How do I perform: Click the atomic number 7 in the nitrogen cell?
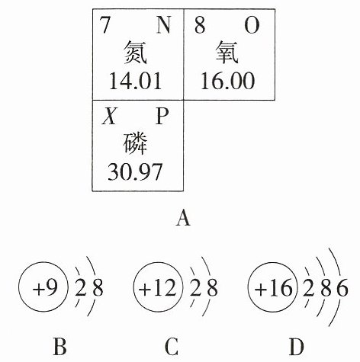click(x=105, y=25)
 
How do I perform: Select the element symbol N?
click(x=163, y=25)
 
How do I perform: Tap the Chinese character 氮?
click(x=136, y=53)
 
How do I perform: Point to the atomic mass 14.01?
click(x=135, y=81)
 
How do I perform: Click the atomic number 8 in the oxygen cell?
click(x=200, y=25)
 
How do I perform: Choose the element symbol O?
click(x=252, y=25)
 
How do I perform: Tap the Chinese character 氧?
click(x=227, y=53)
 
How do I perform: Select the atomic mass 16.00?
click(x=227, y=81)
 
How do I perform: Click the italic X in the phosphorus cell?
click(x=109, y=116)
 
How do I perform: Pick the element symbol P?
click(x=162, y=116)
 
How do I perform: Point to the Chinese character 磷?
click(x=136, y=143)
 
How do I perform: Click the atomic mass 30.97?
click(x=135, y=171)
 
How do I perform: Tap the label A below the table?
click(x=183, y=219)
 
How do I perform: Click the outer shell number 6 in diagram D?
click(x=342, y=288)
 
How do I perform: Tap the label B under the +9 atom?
click(x=59, y=347)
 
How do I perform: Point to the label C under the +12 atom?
click(x=172, y=347)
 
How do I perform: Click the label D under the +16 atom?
click(x=297, y=347)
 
